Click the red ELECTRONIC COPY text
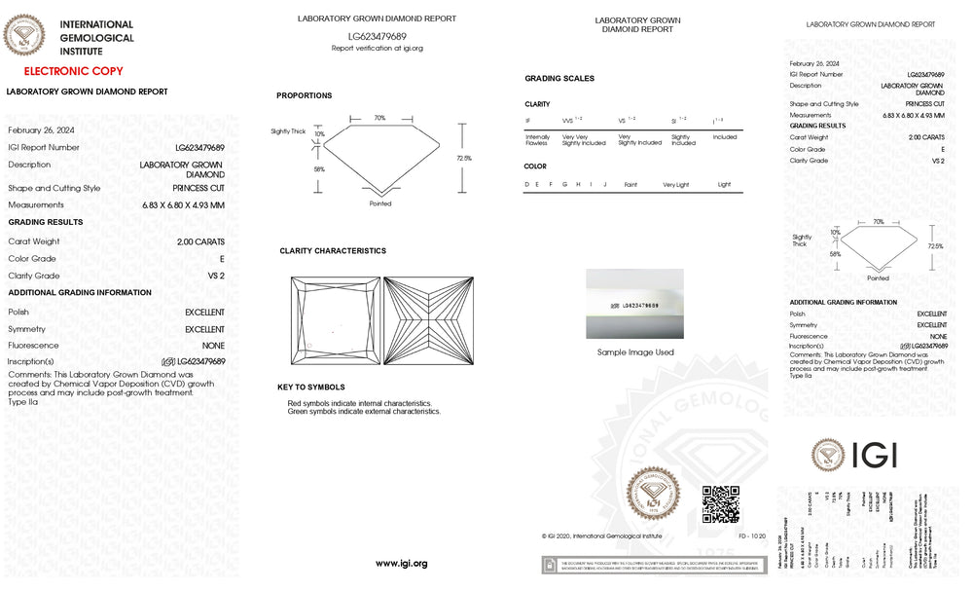click(74, 71)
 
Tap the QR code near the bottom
click(721, 503)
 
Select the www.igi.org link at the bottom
click(402, 564)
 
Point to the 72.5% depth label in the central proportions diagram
click(464, 158)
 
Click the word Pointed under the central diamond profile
click(380, 203)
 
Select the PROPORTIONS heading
click(304, 95)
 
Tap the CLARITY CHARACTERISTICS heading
click(333, 250)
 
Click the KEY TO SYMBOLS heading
click(311, 387)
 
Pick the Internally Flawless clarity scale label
click(538, 140)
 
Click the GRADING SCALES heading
click(559, 78)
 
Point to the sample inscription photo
click(634, 304)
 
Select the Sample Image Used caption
click(635, 352)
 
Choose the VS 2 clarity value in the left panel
click(216, 277)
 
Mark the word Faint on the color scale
click(631, 184)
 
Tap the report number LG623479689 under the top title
click(378, 36)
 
